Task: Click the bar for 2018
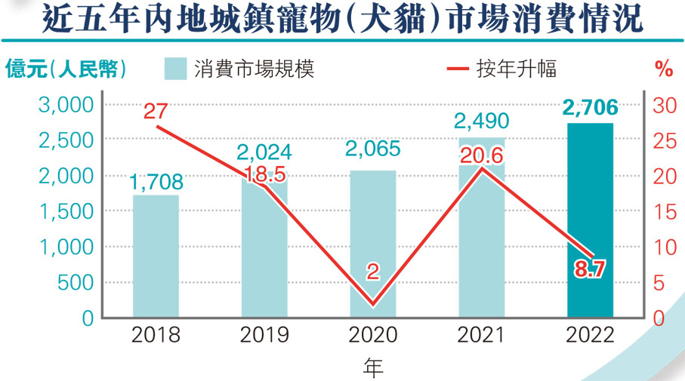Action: coord(156,257)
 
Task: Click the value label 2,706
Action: coord(590,109)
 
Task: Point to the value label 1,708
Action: coord(156,182)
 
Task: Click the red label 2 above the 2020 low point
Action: coord(373,272)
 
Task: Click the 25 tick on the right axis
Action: coord(662,140)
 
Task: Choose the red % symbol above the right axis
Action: coord(663,69)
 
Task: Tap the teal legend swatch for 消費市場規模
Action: coord(175,69)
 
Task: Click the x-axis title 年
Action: coord(373,367)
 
